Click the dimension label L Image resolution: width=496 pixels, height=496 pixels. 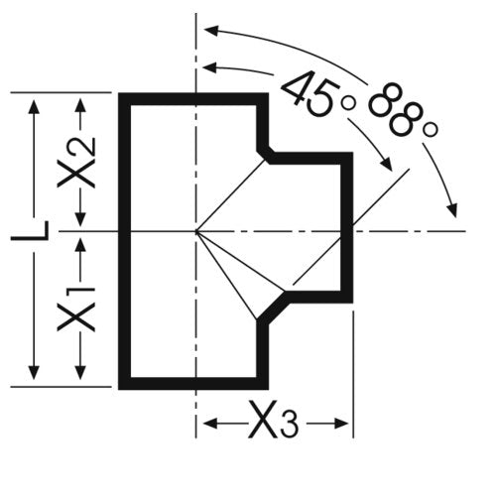tap(30, 230)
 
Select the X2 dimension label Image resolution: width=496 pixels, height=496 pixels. tap(76, 163)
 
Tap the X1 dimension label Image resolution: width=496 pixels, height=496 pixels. tap(76, 309)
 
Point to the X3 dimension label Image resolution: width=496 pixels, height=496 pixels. tap(273, 420)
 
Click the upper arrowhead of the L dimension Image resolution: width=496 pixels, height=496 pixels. tap(33, 106)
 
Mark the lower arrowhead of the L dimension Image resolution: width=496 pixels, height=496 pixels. tap(33, 372)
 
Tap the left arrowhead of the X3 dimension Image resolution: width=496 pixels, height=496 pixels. tap(210, 424)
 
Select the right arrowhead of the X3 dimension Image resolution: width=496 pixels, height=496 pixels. tap(340, 424)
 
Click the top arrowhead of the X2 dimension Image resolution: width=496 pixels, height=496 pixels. tap(80, 106)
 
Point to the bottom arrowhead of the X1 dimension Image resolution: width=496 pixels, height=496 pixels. tap(80, 372)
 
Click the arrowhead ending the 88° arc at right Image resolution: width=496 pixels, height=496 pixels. tap(452, 210)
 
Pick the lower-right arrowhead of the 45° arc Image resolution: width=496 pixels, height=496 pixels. tap(386, 165)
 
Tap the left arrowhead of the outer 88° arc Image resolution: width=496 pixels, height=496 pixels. tap(211, 31)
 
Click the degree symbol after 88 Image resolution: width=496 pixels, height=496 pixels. tap(431, 130)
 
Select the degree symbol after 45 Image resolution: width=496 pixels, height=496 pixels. tap(348, 104)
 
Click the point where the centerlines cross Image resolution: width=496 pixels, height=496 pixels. tap(196, 231)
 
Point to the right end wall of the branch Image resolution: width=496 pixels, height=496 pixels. tap(347, 227)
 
